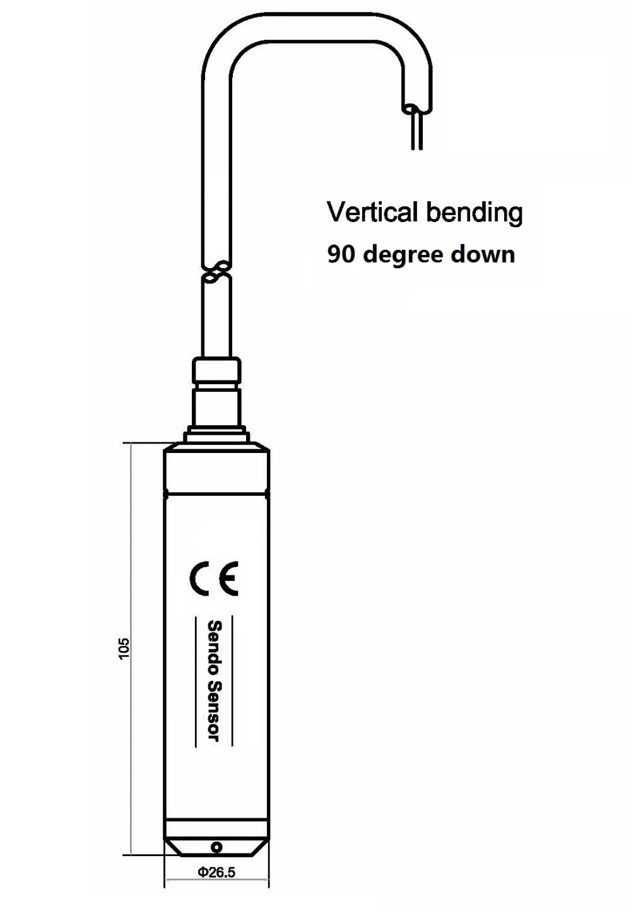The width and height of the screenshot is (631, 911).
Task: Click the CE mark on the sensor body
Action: pyautogui.click(x=215, y=577)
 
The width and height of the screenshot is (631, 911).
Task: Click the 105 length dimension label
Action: pyautogui.click(x=124, y=648)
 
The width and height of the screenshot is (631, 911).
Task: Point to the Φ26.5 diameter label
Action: pyautogui.click(x=216, y=873)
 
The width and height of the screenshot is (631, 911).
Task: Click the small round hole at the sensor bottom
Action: pyautogui.click(x=216, y=847)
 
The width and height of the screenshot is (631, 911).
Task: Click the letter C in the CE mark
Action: pyautogui.click(x=201, y=577)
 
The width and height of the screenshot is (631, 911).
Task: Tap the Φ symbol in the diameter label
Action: pyautogui.click(x=203, y=873)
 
